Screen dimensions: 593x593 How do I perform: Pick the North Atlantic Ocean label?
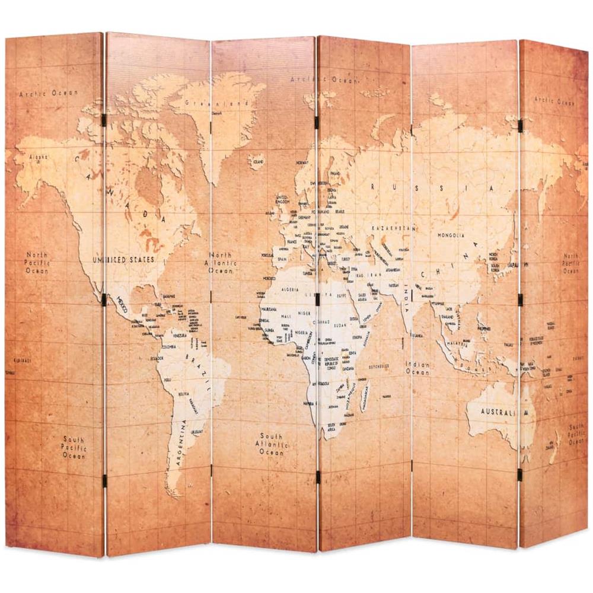(224, 262)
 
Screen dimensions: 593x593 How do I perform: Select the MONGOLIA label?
(451, 235)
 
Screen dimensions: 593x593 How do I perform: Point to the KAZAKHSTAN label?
(391, 228)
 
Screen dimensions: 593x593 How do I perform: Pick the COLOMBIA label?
(168, 347)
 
